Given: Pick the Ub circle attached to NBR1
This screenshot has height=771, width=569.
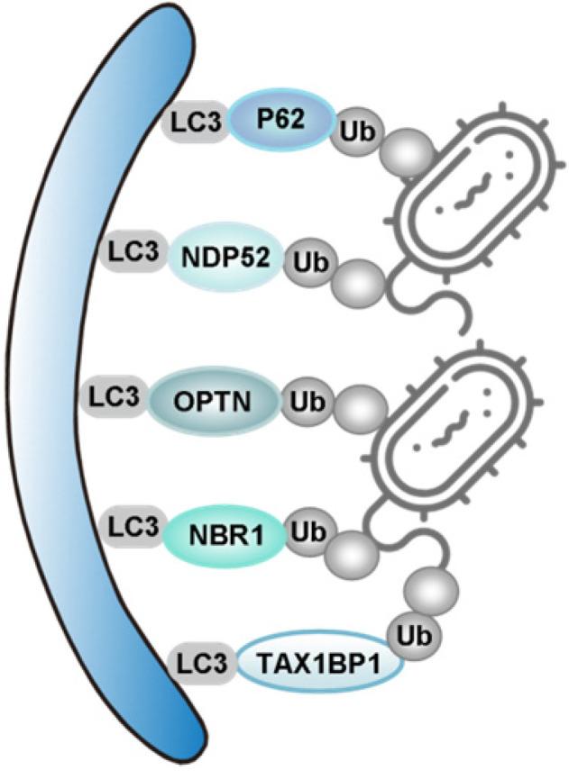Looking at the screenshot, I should pos(307,532).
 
